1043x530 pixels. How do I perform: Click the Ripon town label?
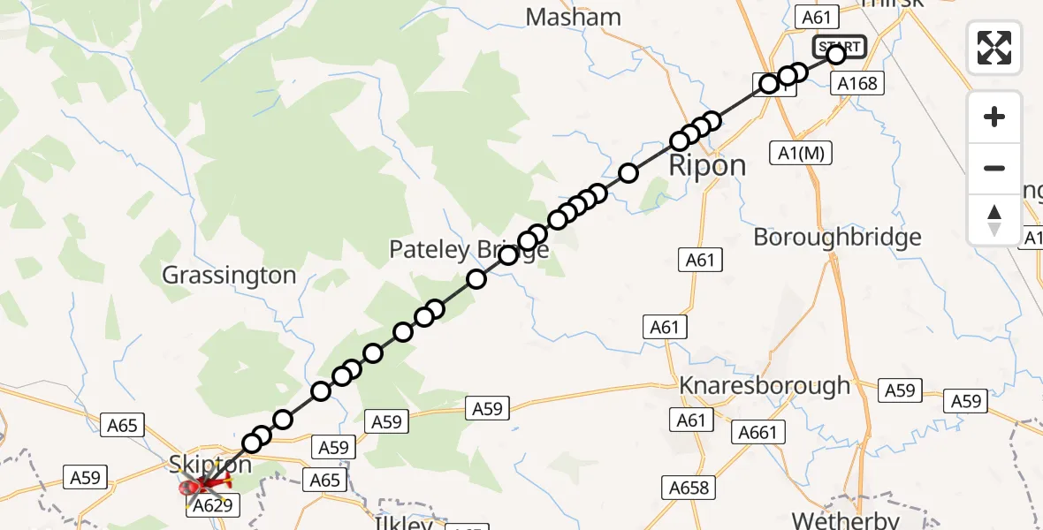707,165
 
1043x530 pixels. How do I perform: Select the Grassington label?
229,276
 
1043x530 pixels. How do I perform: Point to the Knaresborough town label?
765,386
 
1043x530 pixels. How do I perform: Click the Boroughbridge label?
837,237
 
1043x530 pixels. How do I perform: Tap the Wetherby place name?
845,519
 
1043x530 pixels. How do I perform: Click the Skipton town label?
210,465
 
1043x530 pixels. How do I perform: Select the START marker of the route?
839,47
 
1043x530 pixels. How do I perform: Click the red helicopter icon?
204,483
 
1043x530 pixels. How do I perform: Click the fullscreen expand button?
994,47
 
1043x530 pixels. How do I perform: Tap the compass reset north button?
994,220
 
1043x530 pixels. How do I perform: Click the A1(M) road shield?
802,152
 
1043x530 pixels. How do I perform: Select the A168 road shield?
856,83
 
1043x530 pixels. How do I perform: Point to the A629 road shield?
213,505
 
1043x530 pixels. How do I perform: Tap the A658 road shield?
687,487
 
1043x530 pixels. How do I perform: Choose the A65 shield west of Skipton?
122,426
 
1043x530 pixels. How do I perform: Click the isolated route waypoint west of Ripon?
628,173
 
